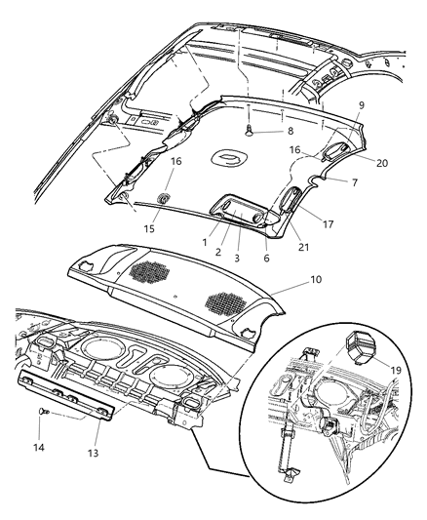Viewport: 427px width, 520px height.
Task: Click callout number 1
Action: click(205, 240)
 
